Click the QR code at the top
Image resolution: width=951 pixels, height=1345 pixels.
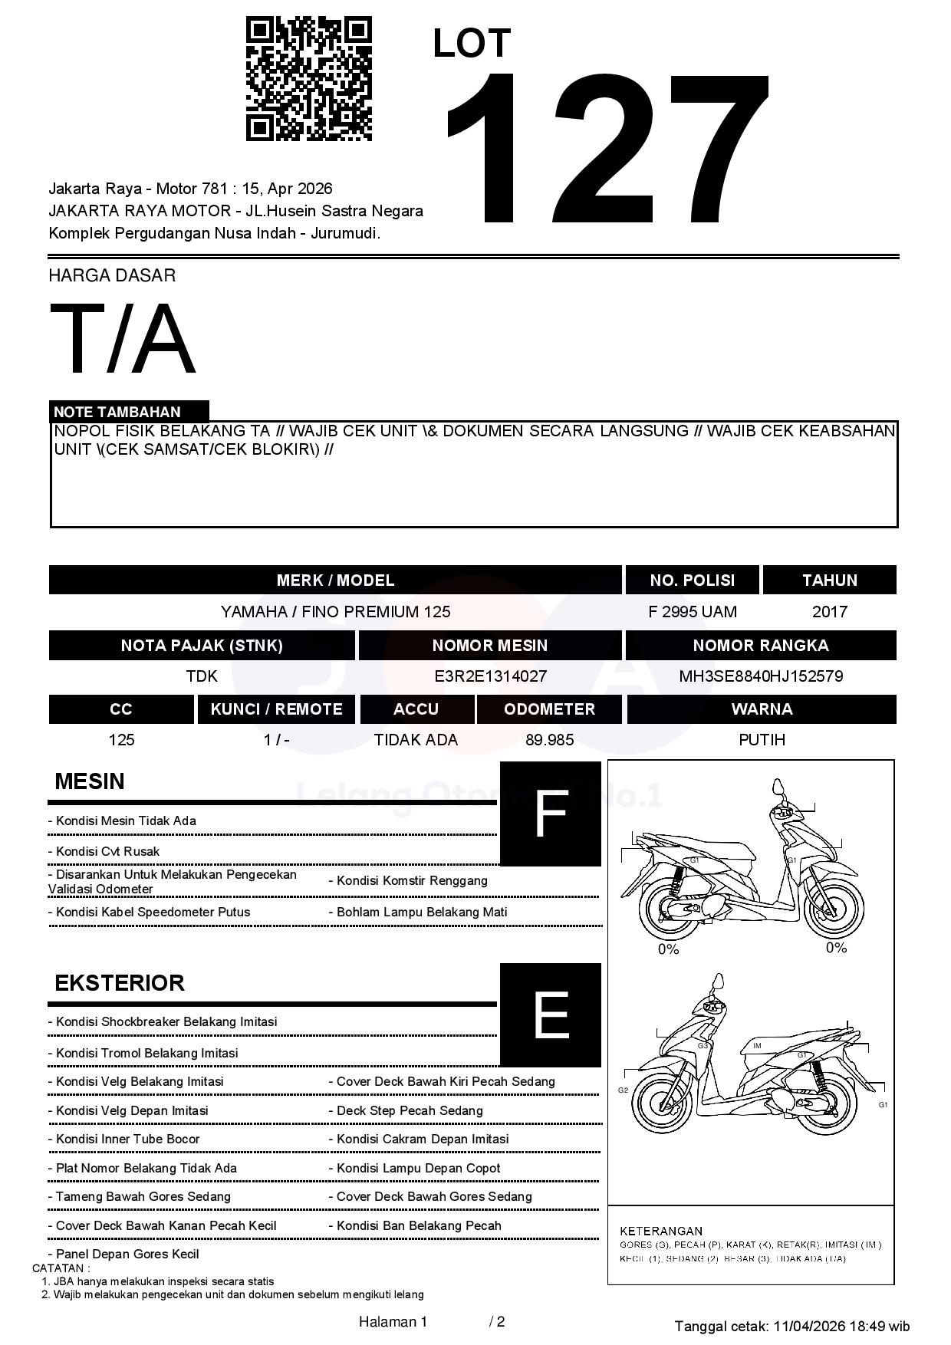[x=308, y=79]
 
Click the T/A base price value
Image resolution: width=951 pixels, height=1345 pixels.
[x=123, y=339]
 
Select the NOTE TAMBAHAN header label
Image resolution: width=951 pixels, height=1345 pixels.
[x=117, y=412]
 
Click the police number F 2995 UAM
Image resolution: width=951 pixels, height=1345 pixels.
[x=693, y=612]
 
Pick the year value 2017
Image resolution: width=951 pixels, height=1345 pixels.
[x=830, y=612]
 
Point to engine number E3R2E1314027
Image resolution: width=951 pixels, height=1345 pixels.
[x=490, y=676]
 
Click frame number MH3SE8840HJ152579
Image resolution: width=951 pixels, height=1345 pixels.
[x=761, y=676]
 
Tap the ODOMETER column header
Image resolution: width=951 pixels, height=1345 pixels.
[x=549, y=709]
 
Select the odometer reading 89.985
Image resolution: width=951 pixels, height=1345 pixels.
[x=549, y=740]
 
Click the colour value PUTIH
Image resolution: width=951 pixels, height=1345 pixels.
[x=762, y=740]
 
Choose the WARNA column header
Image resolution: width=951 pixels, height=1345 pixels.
[x=762, y=709]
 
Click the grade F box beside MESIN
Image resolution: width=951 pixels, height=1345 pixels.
[x=551, y=814]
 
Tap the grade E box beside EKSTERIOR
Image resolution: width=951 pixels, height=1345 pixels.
[x=551, y=1015]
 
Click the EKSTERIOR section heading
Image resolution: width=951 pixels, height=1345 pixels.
[x=120, y=983]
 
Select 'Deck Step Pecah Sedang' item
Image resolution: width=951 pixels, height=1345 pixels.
[x=410, y=1110]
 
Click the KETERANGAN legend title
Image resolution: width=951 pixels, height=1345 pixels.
[x=661, y=1231]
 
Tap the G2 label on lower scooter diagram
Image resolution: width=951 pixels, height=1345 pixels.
[x=623, y=1090]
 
